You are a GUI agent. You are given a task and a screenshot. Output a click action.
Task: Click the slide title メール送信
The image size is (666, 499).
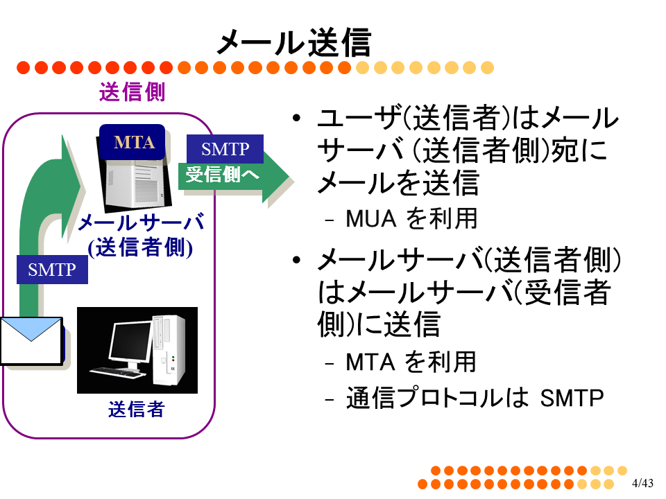click(x=294, y=42)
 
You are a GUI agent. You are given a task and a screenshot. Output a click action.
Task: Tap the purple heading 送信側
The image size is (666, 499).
click(x=132, y=91)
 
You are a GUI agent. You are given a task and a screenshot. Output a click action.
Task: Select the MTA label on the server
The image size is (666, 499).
click(x=134, y=142)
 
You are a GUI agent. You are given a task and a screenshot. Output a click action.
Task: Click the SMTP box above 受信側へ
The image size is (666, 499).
click(x=225, y=149)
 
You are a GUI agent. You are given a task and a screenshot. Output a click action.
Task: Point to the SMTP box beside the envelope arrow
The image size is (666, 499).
click(x=52, y=270)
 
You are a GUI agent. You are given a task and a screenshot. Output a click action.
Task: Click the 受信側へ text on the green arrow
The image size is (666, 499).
click(x=222, y=175)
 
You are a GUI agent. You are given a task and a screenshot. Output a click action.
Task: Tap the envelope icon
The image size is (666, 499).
click(x=31, y=341)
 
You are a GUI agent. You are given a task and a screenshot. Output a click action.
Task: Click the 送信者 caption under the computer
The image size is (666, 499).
click(x=137, y=409)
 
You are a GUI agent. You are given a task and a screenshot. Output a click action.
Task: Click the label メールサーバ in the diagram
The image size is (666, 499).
click(x=141, y=222)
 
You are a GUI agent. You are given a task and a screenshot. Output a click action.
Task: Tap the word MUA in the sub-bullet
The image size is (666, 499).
click(x=370, y=219)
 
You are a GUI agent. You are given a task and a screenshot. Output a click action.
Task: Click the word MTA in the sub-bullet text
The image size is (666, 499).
click(x=370, y=362)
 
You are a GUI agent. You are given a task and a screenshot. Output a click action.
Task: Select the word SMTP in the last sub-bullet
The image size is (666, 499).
click(x=572, y=398)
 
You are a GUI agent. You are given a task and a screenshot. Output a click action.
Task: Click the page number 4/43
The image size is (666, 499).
click(x=642, y=483)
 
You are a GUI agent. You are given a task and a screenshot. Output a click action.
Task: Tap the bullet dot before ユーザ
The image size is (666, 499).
click(x=296, y=118)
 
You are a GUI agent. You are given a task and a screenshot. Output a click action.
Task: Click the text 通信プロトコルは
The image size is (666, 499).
click(x=438, y=398)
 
